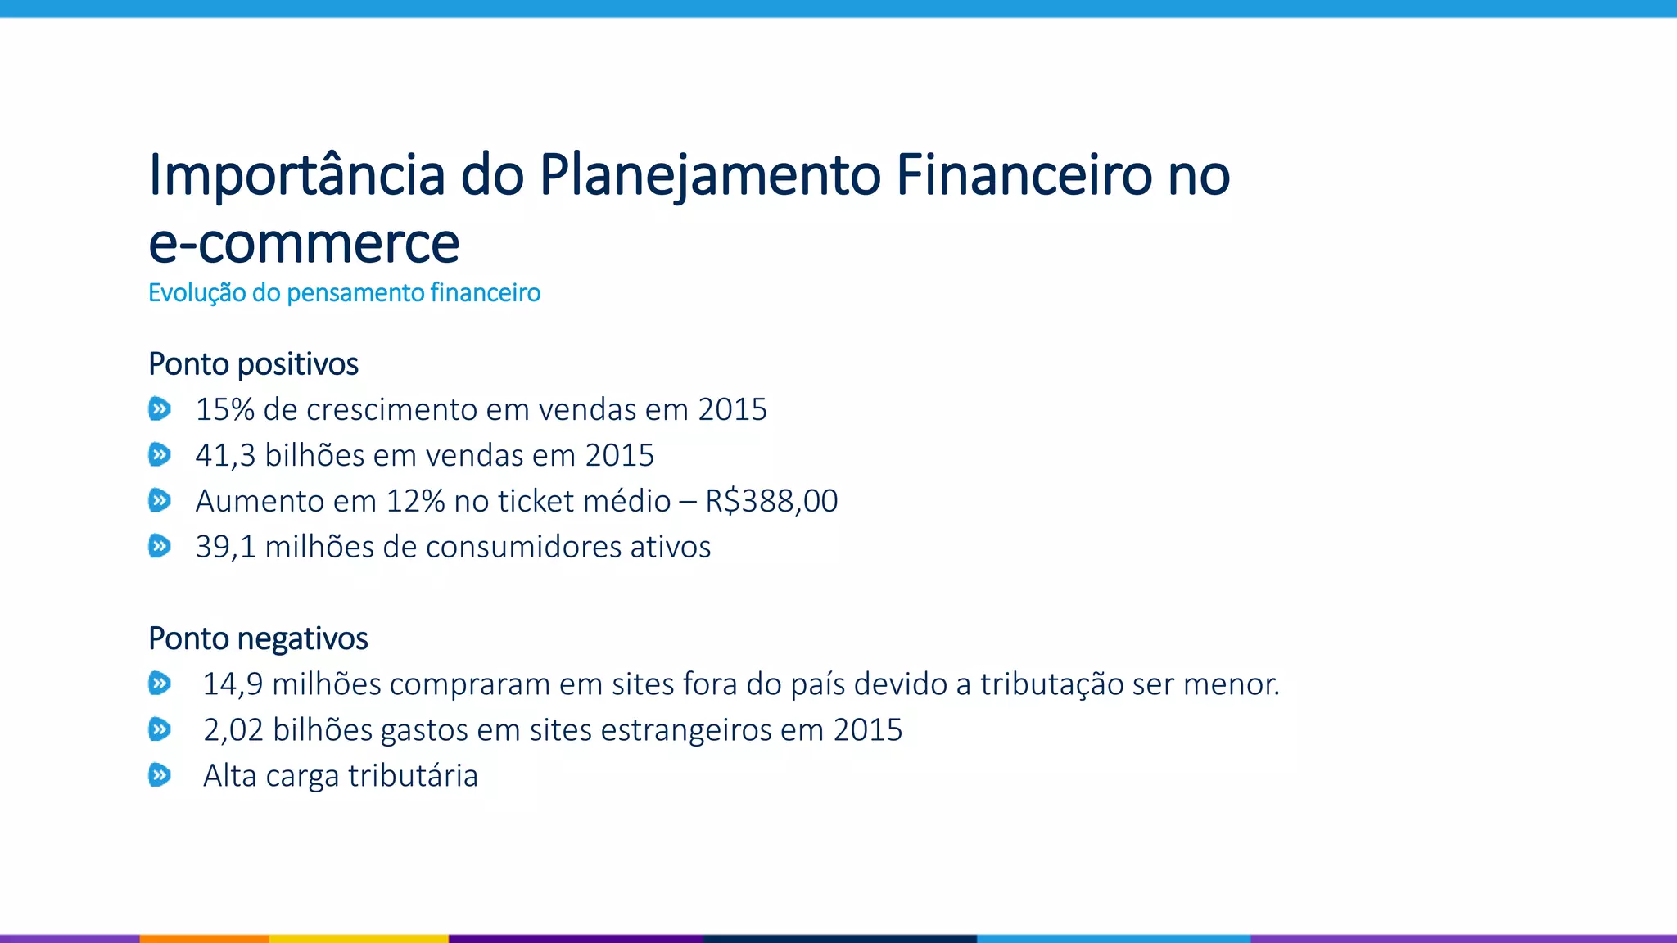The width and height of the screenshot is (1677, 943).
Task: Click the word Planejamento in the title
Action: [709, 176]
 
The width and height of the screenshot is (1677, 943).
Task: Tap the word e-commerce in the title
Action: [304, 244]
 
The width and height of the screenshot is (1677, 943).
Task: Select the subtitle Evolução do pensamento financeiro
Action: [344, 293]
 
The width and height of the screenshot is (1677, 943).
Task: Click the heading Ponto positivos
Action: [253, 364]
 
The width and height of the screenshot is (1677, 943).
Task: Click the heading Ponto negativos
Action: [258, 639]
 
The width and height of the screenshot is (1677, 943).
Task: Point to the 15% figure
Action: [224, 409]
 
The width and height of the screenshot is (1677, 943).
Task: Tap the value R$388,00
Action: [771, 501]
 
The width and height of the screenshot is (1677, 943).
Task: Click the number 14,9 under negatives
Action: [233, 684]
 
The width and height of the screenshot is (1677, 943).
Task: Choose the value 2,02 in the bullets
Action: [233, 730]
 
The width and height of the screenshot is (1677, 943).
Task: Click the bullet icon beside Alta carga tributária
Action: [160, 774]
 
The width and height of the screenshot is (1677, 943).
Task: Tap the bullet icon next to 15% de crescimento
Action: [160, 408]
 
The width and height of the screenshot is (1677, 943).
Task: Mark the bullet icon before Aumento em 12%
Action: [160, 500]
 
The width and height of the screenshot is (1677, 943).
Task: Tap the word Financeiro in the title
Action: [1024, 176]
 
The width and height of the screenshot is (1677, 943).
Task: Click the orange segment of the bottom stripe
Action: [204, 938]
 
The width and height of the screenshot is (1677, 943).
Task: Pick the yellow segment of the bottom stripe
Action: [359, 938]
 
